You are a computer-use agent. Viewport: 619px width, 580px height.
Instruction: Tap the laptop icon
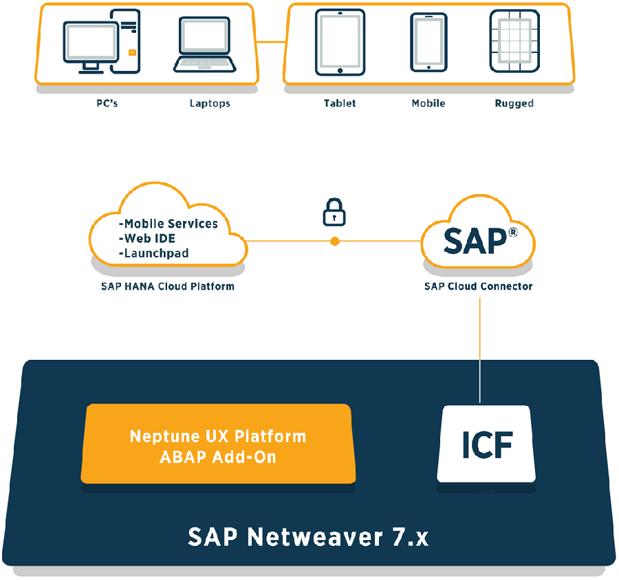[x=204, y=45]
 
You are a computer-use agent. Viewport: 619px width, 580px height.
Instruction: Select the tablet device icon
[x=340, y=43]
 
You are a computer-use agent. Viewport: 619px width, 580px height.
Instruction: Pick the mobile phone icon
[x=428, y=42]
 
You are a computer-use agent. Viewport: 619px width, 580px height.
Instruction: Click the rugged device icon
[x=514, y=43]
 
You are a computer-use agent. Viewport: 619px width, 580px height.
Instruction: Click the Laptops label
[x=210, y=103]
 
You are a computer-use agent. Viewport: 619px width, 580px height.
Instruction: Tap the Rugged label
[x=514, y=103]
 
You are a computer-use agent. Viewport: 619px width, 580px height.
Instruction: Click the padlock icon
[x=334, y=213]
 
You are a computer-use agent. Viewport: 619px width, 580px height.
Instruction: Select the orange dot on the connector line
[x=335, y=241]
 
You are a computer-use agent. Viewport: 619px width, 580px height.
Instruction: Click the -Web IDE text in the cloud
[x=150, y=238]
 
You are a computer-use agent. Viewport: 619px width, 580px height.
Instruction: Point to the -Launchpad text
[x=156, y=253]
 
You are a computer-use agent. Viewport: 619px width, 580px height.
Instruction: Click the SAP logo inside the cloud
[x=478, y=241]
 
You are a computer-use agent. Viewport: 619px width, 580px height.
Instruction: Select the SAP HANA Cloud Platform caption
[x=167, y=286]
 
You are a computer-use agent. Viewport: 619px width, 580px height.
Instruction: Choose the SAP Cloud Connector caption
[x=478, y=286]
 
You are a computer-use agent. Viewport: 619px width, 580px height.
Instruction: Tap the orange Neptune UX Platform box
[x=217, y=445]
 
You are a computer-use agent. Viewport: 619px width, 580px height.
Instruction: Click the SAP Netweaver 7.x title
[x=308, y=537]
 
